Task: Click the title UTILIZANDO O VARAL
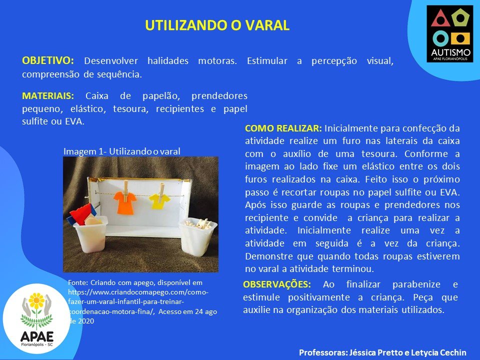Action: click(x=217, y=25)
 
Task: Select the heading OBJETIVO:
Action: click(x=48, y=60)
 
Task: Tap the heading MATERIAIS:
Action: click(x=48, y=96)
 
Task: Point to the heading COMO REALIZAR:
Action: click(x=283, y=128)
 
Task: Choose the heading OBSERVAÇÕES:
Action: click(x=276, y=284)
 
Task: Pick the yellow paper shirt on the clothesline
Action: click(x=159, y=201)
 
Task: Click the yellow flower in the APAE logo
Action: click(x=36, y=301)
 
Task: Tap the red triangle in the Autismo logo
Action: click(x=440, y=18)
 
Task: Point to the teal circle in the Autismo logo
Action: click(x=440, y=39)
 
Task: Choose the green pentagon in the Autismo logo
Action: click(x=460, y=17)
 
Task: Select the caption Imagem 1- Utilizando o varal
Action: click(x=122, y=151)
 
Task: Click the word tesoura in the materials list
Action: click(x=130, y=109)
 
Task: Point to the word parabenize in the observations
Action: click(x=416, y=284)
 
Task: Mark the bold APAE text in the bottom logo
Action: click(x=37, y=336)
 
